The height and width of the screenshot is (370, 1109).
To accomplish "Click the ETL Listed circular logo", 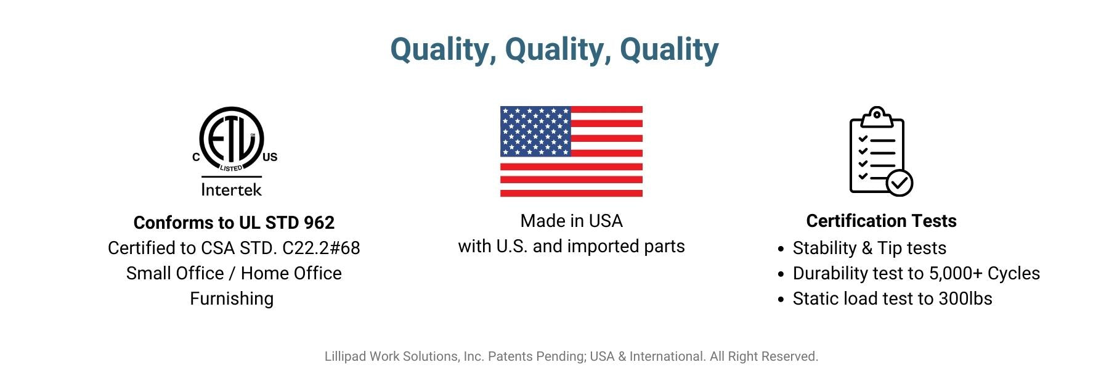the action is pyautogui.click(x=232, y=139).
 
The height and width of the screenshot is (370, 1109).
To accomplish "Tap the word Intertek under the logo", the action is pyautogui.click(x=232, y=189).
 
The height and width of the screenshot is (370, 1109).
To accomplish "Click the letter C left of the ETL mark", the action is pyautogui.click(x=196, y=157).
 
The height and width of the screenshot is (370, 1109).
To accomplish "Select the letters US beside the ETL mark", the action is pyautogui.click(x=270, y=157).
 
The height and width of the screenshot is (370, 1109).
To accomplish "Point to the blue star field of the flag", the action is pyautogui.click(x=535, y=131).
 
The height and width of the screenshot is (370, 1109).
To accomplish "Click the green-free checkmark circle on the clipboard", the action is pyautogui.click(x=900, y=183).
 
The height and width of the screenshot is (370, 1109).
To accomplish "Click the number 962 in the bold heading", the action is pyautogui.click(x=319, y=223).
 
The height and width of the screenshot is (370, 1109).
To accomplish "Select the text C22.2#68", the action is pyautogui.click(x=321, y=248).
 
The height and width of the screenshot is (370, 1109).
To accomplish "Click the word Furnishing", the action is pyautogui.click(x=232, y=299).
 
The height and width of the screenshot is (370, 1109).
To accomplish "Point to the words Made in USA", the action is pyautogui.click(x=571, y=221).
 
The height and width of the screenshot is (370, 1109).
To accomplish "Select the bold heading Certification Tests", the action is pyautogui.click(x=881, y=221).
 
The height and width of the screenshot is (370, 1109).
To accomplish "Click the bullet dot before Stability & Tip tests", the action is pyautogui.click(x=781, y=249).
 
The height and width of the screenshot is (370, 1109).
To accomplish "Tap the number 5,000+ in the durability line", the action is pyautogui.click(x=956, y=274).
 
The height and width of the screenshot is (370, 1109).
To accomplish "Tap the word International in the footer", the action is pyautogui.click(x=667, y=356).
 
